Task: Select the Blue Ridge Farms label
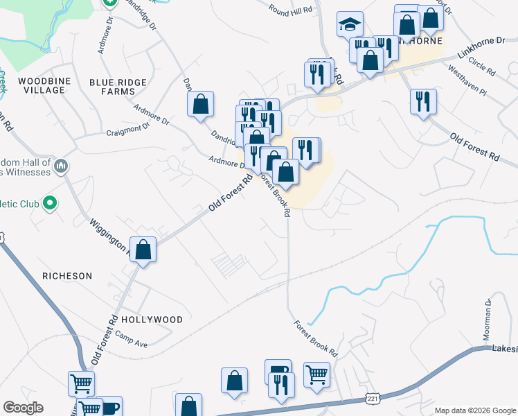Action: (x=118, y=87)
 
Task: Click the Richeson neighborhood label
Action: (x=67, y=276)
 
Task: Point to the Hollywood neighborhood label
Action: (x=152, y=320)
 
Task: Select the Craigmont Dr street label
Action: (x=128, y=130)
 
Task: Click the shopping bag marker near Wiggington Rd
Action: (x=143, y=250)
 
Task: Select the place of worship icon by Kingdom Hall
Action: (x=61, y=166)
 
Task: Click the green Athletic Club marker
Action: (x=49, y=203)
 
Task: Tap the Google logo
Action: (x=23, y=408)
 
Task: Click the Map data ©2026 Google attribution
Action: (x=474, y=410)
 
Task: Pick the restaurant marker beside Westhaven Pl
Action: (x=422, y=101)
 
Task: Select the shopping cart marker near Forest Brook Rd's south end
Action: (x=317, y=374)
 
